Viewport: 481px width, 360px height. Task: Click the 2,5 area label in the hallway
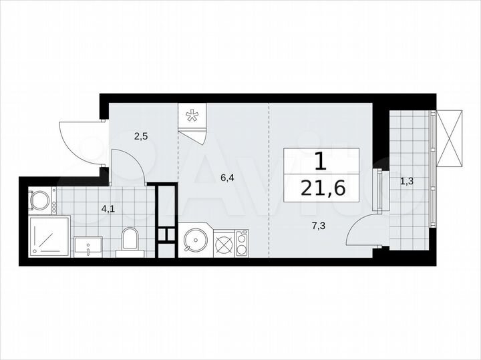[140, 137]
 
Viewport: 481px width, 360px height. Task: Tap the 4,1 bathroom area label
[107, 208]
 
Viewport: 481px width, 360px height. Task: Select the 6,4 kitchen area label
[228, 178]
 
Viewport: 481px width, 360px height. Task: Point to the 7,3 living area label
[318, 226]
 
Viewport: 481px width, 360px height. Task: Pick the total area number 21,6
[323, 189]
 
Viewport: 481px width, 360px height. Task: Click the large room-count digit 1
[321, 161]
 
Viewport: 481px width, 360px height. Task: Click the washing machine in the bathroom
[42, 200]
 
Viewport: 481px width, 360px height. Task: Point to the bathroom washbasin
[88, 246]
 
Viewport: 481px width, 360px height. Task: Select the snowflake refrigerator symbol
[192, 117]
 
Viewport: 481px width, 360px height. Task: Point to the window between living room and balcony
[381, 192]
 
